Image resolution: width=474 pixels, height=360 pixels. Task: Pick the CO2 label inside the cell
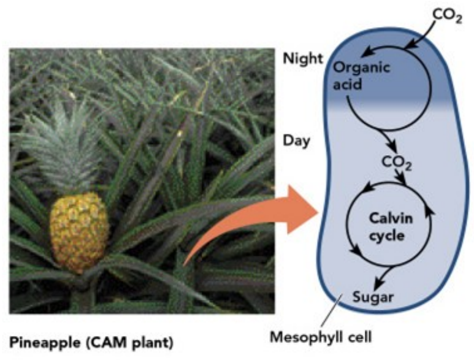tap(396, 163)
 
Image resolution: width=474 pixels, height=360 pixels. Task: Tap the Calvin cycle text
tap(388, 227)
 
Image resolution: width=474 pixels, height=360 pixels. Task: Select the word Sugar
tap(372, 299)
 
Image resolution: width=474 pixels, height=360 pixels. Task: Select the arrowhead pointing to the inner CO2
tap(393, 149)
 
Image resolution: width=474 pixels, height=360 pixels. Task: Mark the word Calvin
tap(388, 219)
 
